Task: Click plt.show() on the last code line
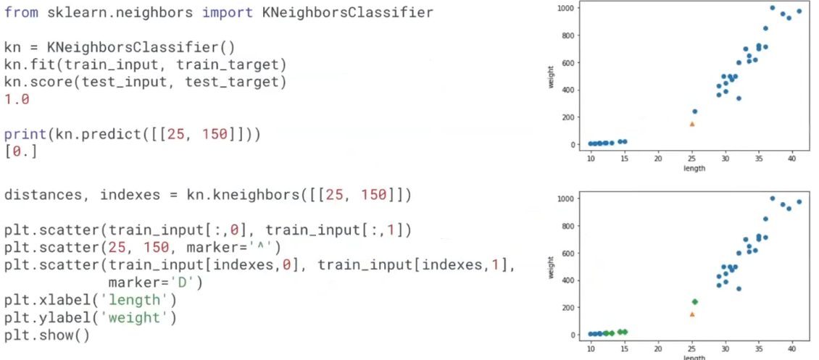tap(47, 335)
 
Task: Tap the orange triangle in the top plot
tap(692, 124)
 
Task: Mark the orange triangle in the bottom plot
tap(692, 314)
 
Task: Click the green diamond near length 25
tap(695, 302)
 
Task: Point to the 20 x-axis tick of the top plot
tap(658, 159)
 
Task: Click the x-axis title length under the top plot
tap(694, 168)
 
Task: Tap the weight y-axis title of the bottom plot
tap(552, 266)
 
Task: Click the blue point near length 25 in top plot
tap(695, 112)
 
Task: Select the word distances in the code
tap(43, 195)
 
